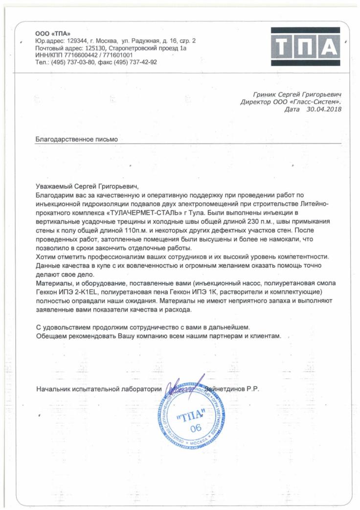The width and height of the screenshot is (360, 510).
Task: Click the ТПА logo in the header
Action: pos(305,47)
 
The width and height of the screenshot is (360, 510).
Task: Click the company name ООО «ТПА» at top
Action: pos(48,33)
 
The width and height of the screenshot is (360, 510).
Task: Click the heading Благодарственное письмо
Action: pos(77,139)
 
